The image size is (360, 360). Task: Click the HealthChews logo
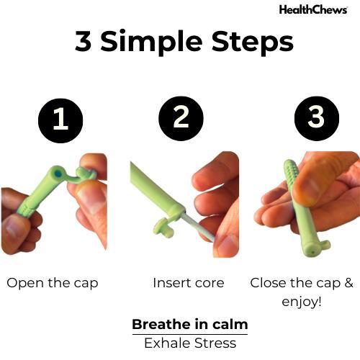click(313, 10)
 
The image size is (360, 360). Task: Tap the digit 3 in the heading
click(84, 41)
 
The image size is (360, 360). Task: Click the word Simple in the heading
click(151, 42)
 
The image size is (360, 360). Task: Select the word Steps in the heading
click(252, 42)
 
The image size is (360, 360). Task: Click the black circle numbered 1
click(60, 121)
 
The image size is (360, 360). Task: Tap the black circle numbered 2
click(181, 119)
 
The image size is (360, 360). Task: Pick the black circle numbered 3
click(317, 119)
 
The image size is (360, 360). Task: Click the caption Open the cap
click(53, 284)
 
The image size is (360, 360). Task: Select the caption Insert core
click(189, 283)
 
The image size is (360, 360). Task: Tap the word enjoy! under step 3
click(302, 302)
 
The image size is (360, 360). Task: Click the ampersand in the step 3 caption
click(349, 283)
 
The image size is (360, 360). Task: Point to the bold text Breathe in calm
click(190, 325)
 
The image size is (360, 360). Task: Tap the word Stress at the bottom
click(215, 343)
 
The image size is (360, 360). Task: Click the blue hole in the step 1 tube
click(58, 174)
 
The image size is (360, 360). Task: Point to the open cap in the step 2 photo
click(163, 226)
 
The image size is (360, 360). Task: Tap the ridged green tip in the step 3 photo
click(291, 172)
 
